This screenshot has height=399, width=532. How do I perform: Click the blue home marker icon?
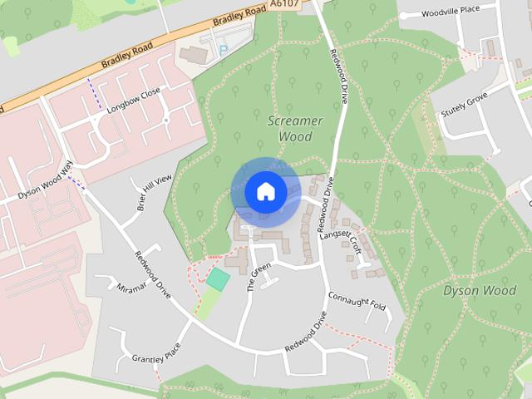point(265,191)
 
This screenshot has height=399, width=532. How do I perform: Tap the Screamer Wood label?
point(295,128)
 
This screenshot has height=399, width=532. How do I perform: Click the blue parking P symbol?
point(222,50)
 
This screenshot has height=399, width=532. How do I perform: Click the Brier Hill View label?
point(154,194)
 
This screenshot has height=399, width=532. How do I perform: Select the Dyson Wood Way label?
point(47,184)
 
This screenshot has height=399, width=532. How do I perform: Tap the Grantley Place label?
point(155,357)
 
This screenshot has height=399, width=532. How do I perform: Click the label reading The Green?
point(259,278)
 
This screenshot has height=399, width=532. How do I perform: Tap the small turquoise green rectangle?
point(217,278)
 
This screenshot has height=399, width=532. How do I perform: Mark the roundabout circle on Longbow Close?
point(166,121)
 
